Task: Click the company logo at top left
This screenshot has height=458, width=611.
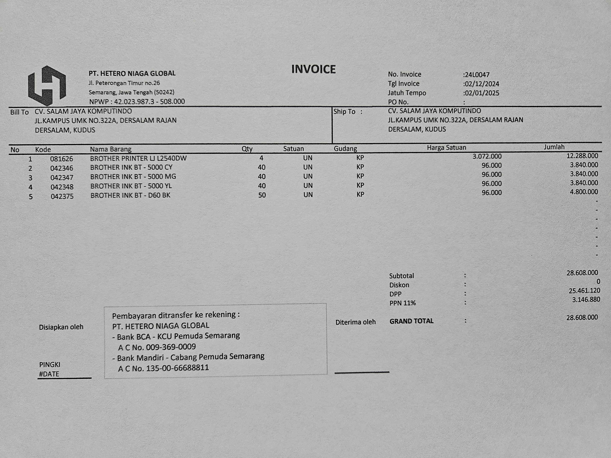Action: click(47, 86)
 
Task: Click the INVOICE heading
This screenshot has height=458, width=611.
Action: click(313, 69)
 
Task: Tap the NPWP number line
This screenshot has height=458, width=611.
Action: click(137, 102)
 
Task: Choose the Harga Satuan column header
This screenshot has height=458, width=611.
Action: click(446, 148)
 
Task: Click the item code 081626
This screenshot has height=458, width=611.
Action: click(62, 159)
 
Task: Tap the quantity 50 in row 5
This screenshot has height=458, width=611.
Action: click(262, 195)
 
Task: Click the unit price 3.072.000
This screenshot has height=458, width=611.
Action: click(487, 156)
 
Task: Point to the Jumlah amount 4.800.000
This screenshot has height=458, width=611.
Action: click(584, 192)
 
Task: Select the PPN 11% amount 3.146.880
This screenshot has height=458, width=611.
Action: click(586, 300)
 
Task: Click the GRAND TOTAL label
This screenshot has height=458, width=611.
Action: click(412, 321)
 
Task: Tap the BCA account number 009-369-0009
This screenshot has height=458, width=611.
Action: click(171, 347)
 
